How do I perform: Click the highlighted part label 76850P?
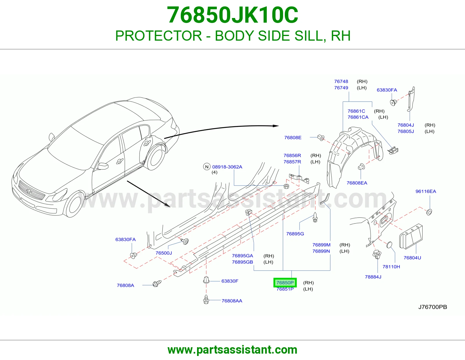pos(285,282)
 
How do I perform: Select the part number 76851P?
pos(285,289)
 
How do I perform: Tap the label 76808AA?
pos(232,301)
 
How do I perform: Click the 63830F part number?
pos(230,281)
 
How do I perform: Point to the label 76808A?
pos(125,285)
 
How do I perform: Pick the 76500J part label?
pos(164,253)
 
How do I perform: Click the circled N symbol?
pos(207,167)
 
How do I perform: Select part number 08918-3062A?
pos(227,167)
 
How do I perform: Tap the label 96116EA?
pos(426,192)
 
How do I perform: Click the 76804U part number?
pos(412,258)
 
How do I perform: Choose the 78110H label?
pos(391,267)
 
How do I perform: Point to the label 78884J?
pos(373,277)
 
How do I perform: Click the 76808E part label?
pos(293,138)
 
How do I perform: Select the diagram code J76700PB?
pos(433,307)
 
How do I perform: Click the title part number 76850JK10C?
pos(233,15)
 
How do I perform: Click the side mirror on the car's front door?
pos(103,166)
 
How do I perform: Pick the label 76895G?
pos(295,234)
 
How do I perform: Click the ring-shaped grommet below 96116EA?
pos(429,212)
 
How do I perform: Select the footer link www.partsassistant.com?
pos(233,350)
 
